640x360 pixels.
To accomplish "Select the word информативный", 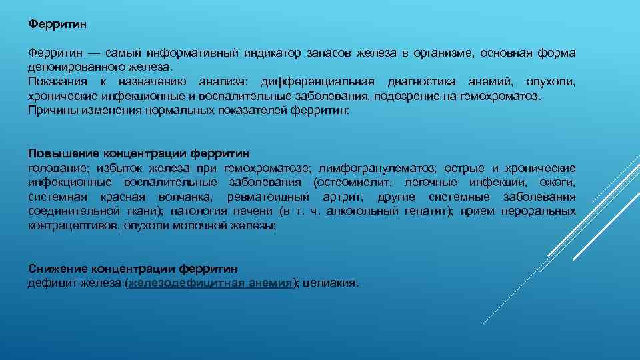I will click(187, 53).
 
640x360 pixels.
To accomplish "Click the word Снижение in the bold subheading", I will click(59, 269).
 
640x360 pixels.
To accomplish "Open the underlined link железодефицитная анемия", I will click(211, 283).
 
